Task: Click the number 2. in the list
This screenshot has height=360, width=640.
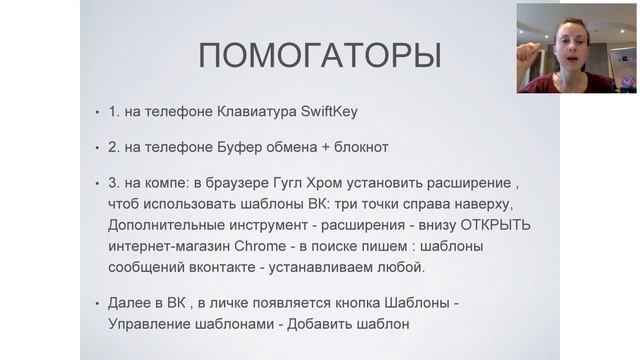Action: pos(114,148)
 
